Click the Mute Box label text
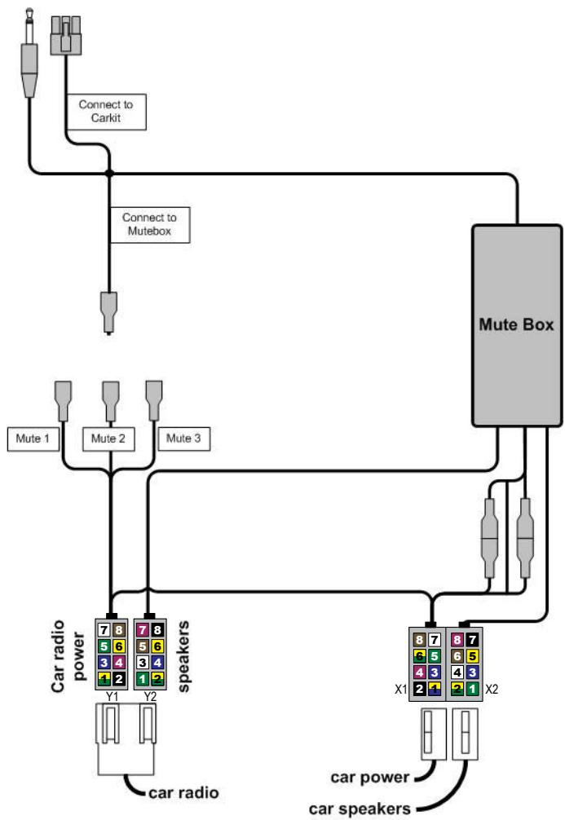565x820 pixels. point(516,325)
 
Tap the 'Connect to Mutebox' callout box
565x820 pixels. point(149,225)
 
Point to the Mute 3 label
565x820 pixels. point(184,439)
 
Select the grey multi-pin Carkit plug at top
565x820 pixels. point(68,36)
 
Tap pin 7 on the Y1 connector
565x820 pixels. point(104,629)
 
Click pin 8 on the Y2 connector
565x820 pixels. point(157,629)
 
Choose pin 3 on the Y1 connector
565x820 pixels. point(104,662)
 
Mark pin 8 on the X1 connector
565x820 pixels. point(421,640)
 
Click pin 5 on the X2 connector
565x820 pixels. point(472,656)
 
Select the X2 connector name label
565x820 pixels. point(492,690)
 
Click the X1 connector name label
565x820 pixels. point(400,690)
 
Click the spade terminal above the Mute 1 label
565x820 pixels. point(65,396)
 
